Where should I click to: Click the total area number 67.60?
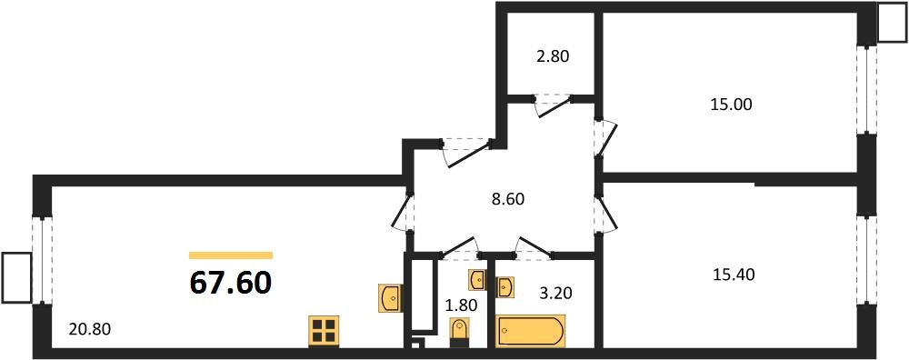[230, 284]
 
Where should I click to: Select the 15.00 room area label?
[731, 105]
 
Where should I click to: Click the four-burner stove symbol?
[323, 331]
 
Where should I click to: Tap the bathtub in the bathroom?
[530, 328]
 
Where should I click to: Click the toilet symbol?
[460, 332]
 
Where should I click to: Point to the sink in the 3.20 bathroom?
[505, 287]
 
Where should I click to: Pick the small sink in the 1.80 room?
[477, 278]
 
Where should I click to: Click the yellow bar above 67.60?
[230, 256]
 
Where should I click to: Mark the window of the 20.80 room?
[40, 260]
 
